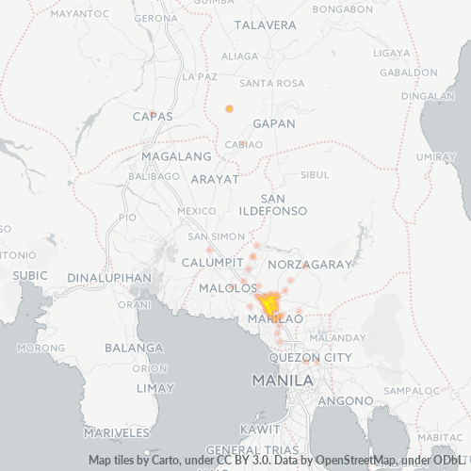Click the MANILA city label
[x=283, y=381]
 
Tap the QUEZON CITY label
[x=310, y=358]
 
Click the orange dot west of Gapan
[x=229, y=108]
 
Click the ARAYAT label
[x=215, y=178]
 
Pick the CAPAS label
[x=154, y=116]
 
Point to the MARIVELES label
[x=117, y=432]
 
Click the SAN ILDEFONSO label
[x=273, y=205]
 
